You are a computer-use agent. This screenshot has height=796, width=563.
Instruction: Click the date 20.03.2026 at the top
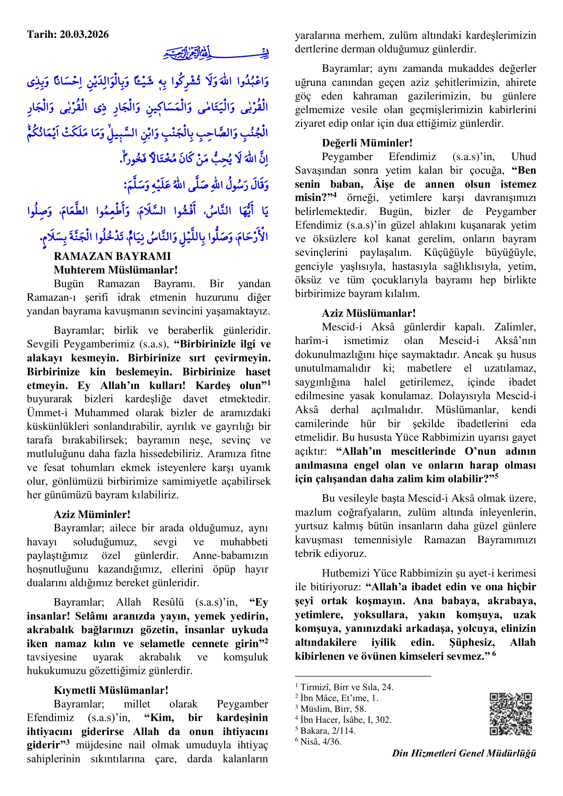coord(84,34)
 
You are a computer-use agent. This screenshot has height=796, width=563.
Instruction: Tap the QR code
coord(510,714)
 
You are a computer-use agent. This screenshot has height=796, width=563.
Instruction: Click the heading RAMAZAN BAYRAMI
coord(112,256)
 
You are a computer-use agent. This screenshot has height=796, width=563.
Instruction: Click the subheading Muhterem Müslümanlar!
coord(115,270)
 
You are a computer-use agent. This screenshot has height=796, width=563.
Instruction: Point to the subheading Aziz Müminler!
coord(92,514)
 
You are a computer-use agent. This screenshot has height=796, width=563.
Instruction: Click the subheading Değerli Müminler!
coord(367,143)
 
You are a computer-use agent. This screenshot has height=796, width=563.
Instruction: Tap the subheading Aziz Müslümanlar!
coord(369,313)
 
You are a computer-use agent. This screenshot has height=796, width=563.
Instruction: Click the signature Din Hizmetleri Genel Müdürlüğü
coord(464,753)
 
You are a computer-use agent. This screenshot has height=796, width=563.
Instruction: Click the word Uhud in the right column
coord(523,157)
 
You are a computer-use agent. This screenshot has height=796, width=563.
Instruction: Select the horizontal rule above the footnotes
coord(363,676)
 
